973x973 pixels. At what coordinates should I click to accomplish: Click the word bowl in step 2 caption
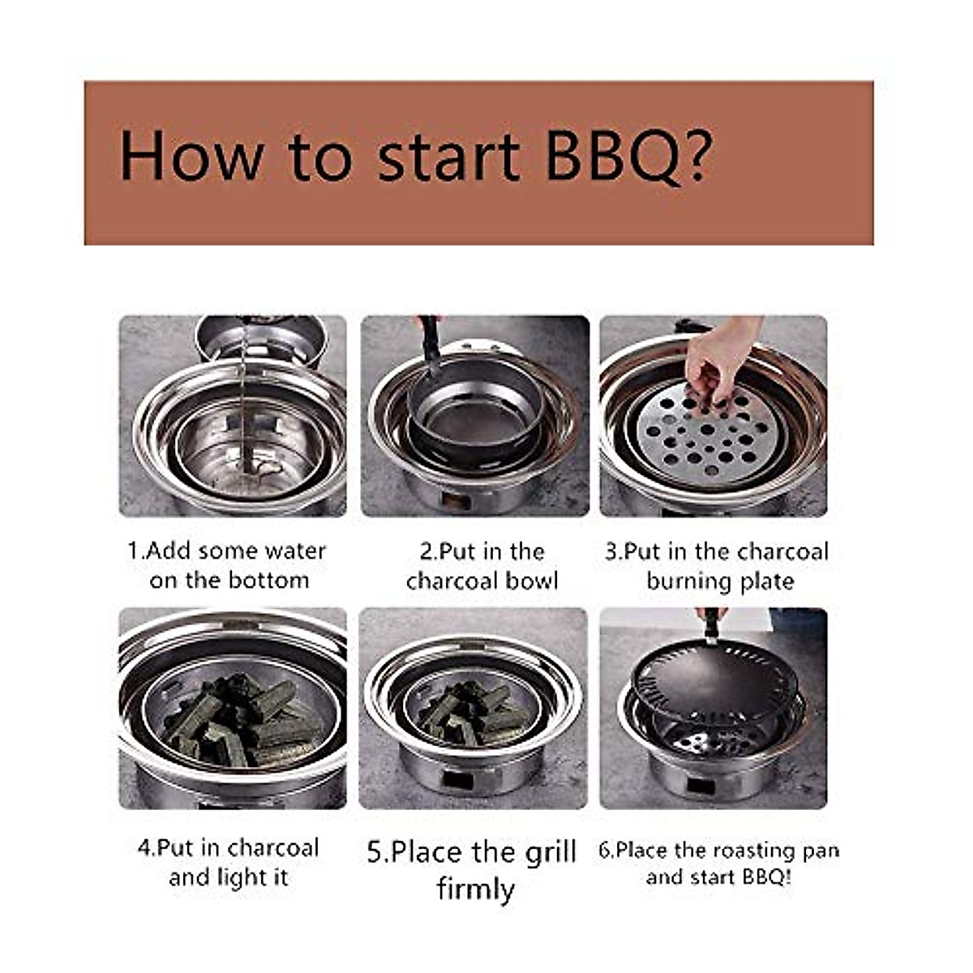[x=533, y=581]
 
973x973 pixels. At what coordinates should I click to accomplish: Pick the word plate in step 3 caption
[x=765, y=581]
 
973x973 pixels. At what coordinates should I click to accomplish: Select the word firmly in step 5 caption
[x=475, y=889]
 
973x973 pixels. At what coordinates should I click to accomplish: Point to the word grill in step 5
[x=543, y=852]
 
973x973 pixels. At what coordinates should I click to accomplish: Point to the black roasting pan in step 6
[x=714, y=681]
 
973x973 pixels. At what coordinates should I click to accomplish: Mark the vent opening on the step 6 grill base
[x=701, y=784]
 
